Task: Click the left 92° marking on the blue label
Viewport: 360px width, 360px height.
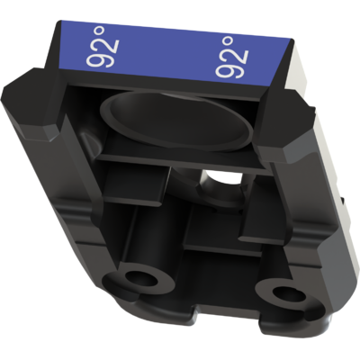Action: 103,47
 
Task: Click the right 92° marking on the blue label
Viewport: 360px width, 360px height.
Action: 232,58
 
